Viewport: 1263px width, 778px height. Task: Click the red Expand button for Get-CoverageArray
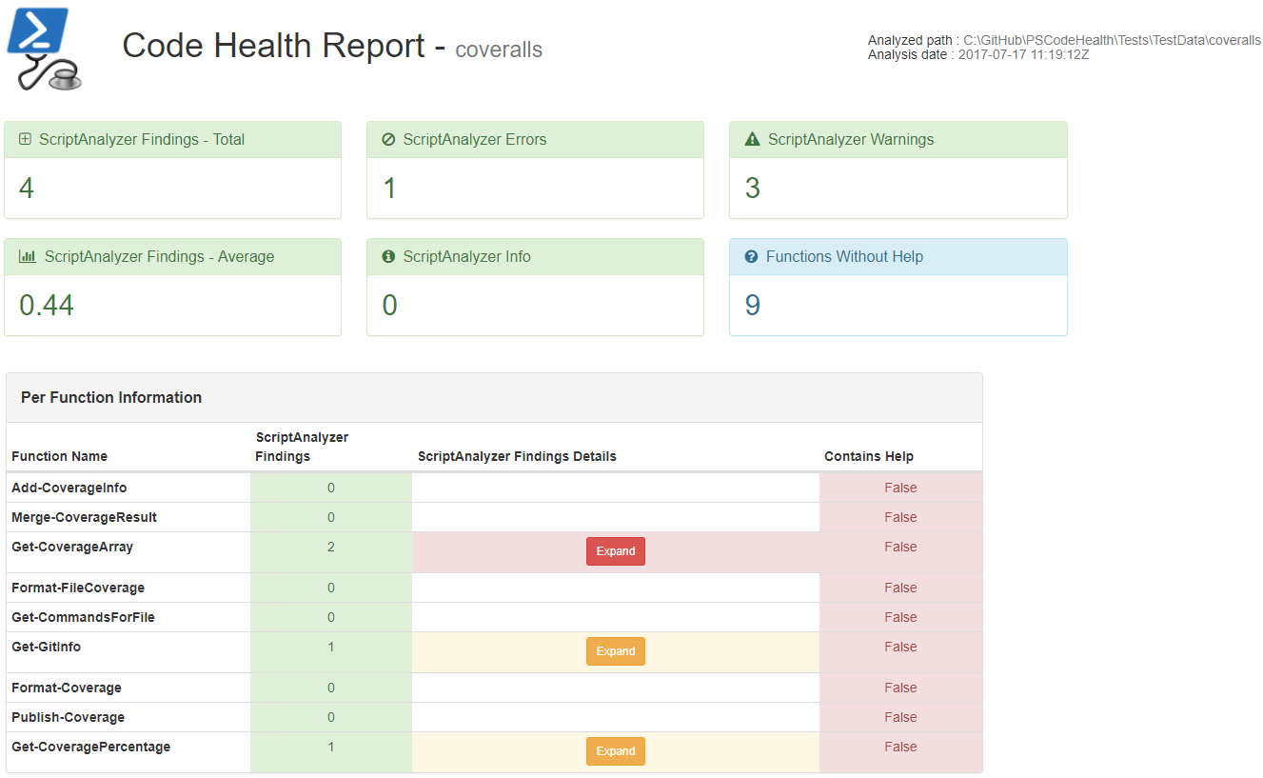[x=615, y=551]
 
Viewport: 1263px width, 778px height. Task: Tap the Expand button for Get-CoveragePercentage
[x=615, y=751]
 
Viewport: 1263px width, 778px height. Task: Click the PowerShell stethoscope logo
[x=44, y=49]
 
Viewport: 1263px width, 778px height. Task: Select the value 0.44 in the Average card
[x=47, y=306]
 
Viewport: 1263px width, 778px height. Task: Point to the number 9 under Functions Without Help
[x=752, y=306]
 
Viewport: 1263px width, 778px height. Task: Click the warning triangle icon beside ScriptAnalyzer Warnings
[x=752, y=140]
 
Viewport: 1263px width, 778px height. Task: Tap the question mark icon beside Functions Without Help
[x=751, y=257]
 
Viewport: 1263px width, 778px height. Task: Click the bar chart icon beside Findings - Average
[x=28, y=257]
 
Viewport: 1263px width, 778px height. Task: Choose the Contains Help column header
[x=868, y=457]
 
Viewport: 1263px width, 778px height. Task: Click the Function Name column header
[x=59, y=457]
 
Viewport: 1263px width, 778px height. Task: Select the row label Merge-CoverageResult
[x=84, y=517]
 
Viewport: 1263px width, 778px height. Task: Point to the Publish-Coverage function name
[x=68, y=717]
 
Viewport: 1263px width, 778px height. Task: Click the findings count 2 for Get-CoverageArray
[x=331, y=548]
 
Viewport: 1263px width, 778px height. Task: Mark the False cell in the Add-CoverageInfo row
[x=900, y=488]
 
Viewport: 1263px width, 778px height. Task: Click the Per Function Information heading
[x=111, y=398]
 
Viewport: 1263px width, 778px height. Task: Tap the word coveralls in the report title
[x=499, y=50]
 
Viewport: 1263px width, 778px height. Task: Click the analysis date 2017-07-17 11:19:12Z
[x=1023, y=55]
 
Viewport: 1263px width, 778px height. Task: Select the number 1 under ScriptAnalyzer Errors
[x=389, y=189]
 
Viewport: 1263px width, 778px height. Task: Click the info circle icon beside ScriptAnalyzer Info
[x=388, y=257]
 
